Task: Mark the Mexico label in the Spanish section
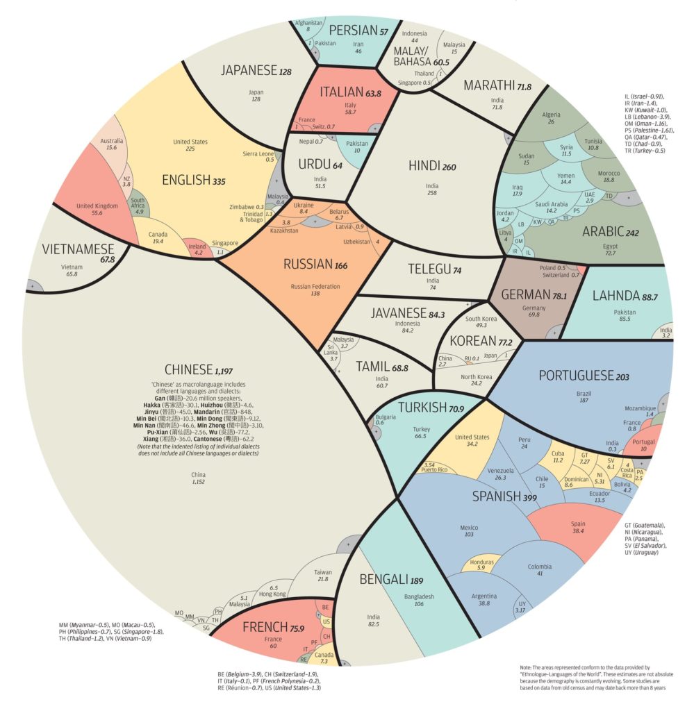pos(469,528)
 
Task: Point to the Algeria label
pos(550,115)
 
